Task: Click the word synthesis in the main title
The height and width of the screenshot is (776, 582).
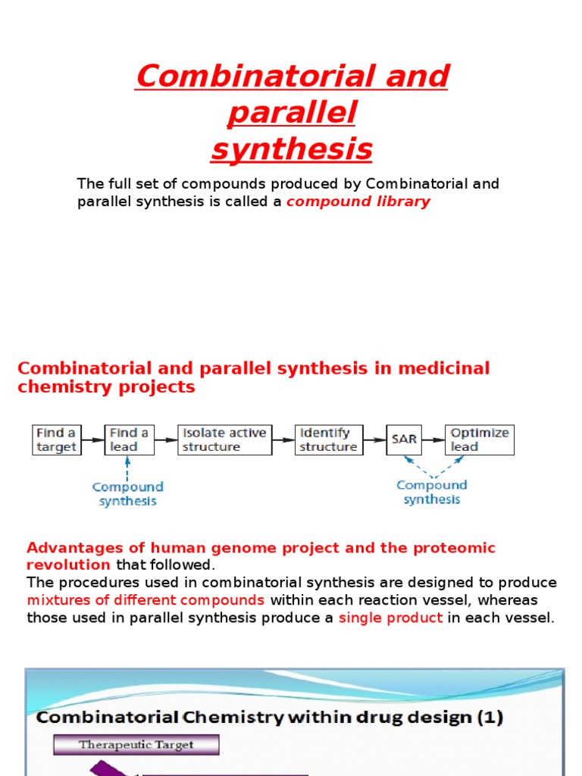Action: click(292, 149)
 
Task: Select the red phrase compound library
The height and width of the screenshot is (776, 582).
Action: click(358, 202)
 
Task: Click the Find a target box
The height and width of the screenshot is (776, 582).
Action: click(56, 440)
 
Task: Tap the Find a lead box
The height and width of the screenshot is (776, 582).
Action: click(129, 440)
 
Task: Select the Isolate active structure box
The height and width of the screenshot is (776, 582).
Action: click(224, 440)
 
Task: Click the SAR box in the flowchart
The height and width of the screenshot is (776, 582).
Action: click(404, 440)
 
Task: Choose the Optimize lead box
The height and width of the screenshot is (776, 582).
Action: click(479, 440)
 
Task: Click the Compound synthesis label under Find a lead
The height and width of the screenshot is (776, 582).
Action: click(127, 493)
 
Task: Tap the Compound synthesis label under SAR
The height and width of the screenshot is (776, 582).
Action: click(431, 492)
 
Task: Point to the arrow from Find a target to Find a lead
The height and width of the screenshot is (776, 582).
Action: click(92, 440)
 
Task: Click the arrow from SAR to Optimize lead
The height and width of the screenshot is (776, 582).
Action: click(433, 440)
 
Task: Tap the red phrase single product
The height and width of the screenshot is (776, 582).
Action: click(390, 618)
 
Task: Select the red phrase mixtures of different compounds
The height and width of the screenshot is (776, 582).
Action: click(145, 600)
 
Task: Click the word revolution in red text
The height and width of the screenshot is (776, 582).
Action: click(68, 565)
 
